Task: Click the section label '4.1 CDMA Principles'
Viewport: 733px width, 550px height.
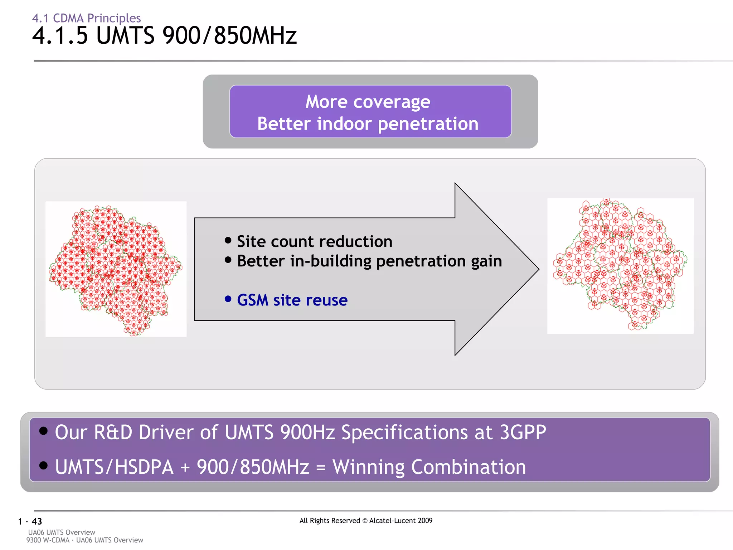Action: pos(86,18)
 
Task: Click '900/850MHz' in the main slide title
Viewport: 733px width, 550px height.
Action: pos(229,36)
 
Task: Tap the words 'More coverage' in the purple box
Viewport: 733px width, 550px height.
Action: pos(368,102)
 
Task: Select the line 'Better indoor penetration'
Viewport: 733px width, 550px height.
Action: pos(368,124)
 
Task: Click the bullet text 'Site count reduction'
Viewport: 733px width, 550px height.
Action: pos(314,241)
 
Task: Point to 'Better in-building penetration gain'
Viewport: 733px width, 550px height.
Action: pos(369,261)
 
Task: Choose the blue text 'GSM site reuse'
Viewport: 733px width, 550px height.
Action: pos(292,300)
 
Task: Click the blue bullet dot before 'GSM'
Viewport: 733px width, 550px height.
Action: pos(228,299)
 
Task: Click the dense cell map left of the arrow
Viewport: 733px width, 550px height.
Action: pos(116,269)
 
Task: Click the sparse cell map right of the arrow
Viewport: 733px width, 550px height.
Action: pos(620,266)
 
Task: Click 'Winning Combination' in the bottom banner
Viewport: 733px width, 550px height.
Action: pos(429,467)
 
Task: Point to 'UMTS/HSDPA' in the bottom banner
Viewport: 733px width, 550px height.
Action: pos(114,467)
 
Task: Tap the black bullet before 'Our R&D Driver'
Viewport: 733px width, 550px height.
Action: pos(43,430)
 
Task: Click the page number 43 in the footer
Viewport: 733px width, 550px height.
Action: pos(37,521)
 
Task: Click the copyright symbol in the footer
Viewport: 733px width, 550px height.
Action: pos(365,521)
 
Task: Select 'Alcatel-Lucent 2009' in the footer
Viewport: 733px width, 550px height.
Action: pos(401,521)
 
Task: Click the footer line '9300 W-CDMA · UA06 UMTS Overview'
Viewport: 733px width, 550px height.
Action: pos(84,540)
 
